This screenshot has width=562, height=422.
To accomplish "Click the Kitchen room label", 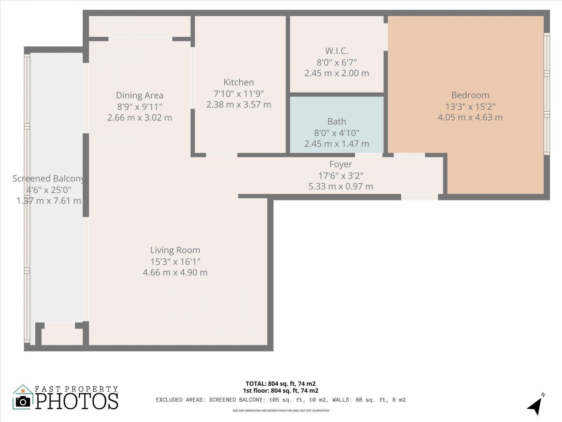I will pyautogui.click(x=239, y=82).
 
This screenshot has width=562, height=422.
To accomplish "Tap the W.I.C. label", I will pyautogui.click(x=337, y=51).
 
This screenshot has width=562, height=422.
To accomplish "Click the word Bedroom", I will pyautogui.click(x=470, y=95).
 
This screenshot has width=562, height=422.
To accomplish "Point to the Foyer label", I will pyautogui.click(x=340, y=164).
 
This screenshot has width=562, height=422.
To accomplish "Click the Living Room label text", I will pyautogui.click(x=175, y=250).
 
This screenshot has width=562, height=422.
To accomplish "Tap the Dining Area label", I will pyautogui.click(x=140, y=95).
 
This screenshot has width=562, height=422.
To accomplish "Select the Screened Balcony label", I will pyautogui.click(x=48, y=178).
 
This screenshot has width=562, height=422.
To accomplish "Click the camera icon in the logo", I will pyautogui.click(x=23, y=401).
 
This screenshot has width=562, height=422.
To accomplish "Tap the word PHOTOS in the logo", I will pyautogui.click(x=77, y=401).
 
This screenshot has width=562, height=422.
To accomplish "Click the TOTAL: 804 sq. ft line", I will pyautogui.click(x=280, y=384).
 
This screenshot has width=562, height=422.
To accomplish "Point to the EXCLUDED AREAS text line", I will pyautogui.click(x=280, y=400).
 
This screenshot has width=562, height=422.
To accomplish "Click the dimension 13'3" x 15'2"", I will pyautogui.click(x=470, y=106).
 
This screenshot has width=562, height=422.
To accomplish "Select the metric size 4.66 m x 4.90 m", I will pyautogui.click(x=175, y=273).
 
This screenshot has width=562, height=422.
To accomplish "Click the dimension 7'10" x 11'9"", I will pyautogui.click(x=239, y=94).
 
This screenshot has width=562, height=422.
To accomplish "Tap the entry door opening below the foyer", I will pyautogui.click(x=419, y=197).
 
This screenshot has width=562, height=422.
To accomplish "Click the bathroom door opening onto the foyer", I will pyautogui.click(x=369, y=155).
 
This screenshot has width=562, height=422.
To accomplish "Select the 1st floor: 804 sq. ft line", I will pyautogui.click(x=280, y=391).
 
